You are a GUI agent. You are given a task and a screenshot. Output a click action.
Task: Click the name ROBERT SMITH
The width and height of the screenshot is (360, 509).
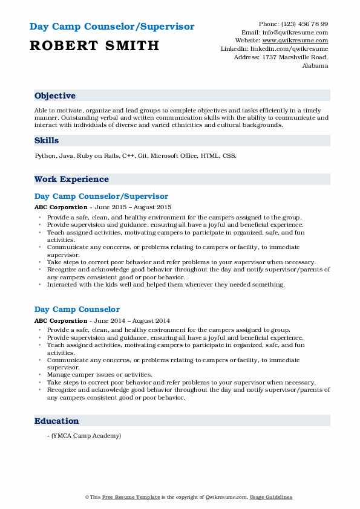click(94, 45)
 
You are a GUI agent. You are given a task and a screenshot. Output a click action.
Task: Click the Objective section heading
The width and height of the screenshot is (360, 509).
click(55, 96)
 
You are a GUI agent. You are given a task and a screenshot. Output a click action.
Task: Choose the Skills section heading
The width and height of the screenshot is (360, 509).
click(47, 140)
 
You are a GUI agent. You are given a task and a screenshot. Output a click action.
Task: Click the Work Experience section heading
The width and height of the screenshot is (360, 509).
click(71, 179)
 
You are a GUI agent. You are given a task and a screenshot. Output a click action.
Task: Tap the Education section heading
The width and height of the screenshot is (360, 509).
click(57, 421)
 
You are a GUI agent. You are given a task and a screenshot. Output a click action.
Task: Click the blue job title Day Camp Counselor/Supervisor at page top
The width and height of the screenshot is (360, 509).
click(112, 27)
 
